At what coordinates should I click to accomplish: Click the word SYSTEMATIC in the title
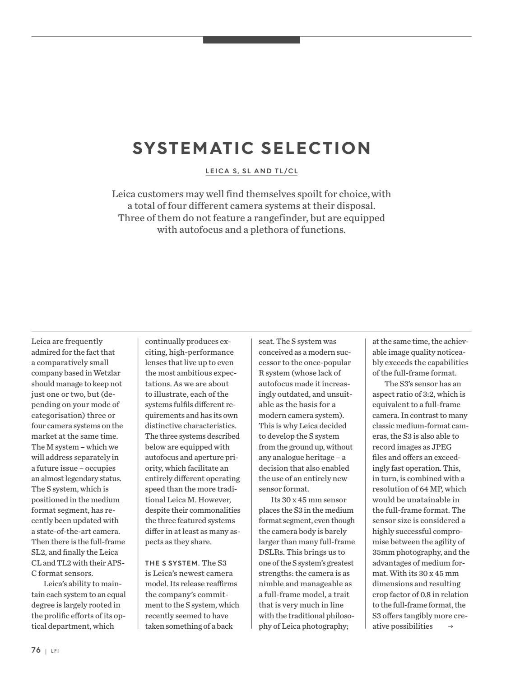tap(189, 148)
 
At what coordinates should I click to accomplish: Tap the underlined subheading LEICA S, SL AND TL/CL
tap(251, 172)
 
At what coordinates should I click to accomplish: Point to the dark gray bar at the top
tap(251, 40)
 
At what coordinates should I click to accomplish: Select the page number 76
tap(36, 650)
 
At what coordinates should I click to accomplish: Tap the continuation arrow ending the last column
tap(450, 626)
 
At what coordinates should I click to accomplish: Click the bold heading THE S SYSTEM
tap(172, 563)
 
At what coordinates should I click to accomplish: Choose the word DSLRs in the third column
tap(272, 552)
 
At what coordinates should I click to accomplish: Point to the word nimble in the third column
tap(271, 584)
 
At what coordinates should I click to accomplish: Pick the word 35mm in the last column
tap(383, 552)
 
